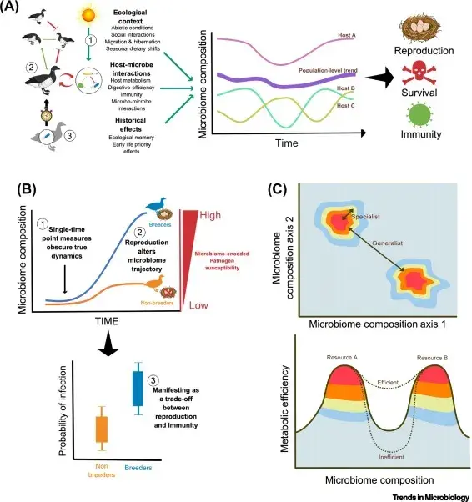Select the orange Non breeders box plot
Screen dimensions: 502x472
click(x=102, y=427)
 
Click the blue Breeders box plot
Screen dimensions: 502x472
click(x=137, y=389)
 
